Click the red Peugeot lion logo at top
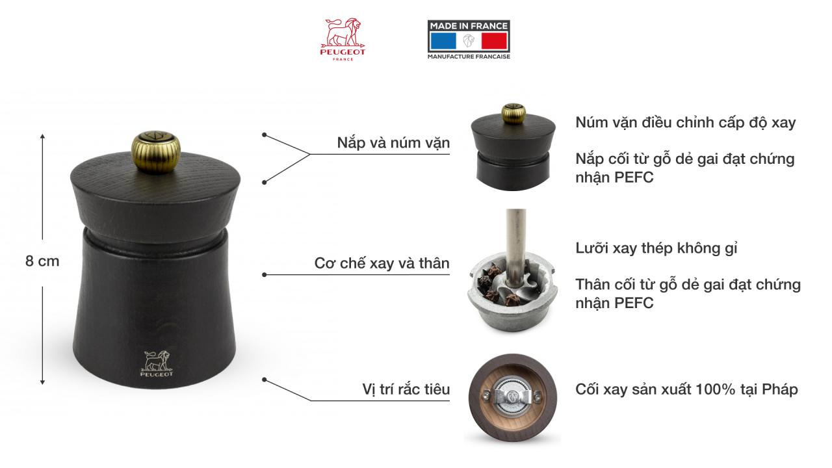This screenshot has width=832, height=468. [x=343, y=39]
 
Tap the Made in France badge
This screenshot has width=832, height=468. [x=468, y=40]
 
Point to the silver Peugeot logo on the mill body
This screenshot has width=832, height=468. [x=156, y=363]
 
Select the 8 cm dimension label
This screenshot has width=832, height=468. [x=42, y=261]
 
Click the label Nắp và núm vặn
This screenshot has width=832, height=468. [x=393, y=143]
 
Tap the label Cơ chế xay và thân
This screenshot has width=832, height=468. [x=382, y=263]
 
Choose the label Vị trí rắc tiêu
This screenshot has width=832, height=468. [x=406, y=389]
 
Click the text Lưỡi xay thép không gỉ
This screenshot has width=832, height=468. [x=656, y=248]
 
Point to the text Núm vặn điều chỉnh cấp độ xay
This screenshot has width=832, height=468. [x=685, y=122]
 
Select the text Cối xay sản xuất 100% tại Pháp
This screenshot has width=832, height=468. [x=686, y=389]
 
